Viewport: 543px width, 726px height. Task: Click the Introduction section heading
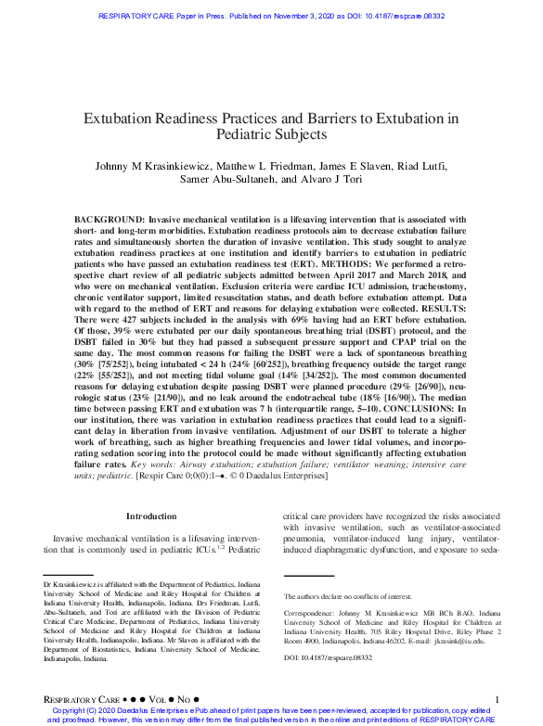click(x=150, y=516)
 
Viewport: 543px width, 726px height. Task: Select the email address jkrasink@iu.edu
click(x=459, y=640)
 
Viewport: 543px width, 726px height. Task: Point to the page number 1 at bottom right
click(x=498, y=698)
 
